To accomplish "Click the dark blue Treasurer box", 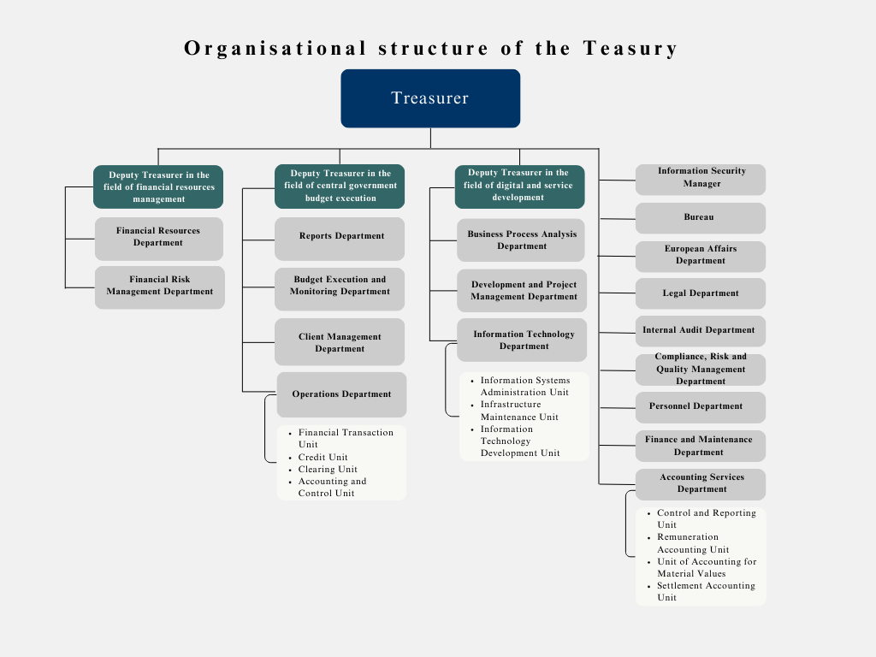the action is point(430,98).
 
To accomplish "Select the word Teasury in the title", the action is point(630,49).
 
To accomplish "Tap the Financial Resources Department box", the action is point(158,239).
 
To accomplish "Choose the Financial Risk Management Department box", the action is point(160,287).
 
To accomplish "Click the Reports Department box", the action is point(340,239).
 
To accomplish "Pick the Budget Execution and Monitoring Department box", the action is point(340,289).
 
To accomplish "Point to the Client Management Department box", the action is point(340,342).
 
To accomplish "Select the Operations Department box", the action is point(342,394).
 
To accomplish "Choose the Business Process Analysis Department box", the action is point(521,240).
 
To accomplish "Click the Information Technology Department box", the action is point(522,340).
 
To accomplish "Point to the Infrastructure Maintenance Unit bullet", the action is point(515,411).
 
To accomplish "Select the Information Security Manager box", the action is point(701,180).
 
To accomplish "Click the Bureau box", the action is point(701,218).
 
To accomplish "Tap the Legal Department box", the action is point(701,293).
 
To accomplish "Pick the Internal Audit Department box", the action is point(701,331).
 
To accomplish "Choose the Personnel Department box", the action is point(701,407).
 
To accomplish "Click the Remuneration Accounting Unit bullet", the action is point(689,543).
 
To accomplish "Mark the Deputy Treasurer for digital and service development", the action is point(519,186).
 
